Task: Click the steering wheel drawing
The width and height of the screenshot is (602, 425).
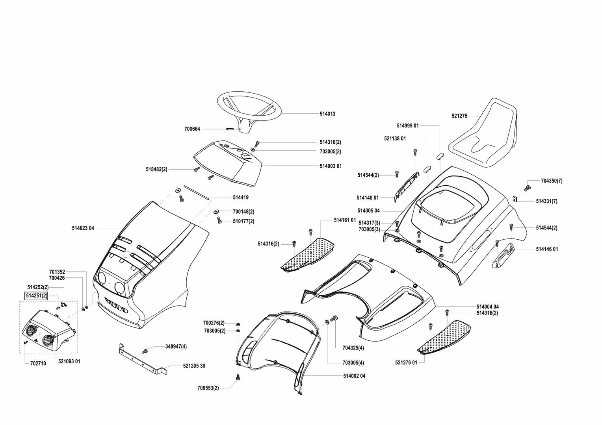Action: click(249, 107)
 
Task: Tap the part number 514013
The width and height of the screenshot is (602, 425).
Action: click(327, 114)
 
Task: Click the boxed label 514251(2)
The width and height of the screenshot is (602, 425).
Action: click(36, 296)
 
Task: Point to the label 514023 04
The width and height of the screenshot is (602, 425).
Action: click(83, 228)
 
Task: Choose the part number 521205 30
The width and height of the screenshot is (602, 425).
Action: click(194, 366)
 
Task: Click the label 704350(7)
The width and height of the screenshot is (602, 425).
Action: click(552, 181)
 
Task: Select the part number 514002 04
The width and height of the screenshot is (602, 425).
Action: click(354, 376)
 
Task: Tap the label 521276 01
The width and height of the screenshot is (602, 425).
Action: click(406, 363)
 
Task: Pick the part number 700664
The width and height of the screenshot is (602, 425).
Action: click(192, 129)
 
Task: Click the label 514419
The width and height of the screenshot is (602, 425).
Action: click(240, 198)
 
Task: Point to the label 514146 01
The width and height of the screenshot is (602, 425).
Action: click(547, 249)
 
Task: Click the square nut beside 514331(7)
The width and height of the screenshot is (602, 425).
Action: click(515, 199)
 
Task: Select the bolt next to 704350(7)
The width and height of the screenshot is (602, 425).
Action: click(528, 188)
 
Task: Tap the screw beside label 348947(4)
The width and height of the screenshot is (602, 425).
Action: click(145, 350)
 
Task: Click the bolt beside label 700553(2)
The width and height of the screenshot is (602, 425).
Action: click(238, 378)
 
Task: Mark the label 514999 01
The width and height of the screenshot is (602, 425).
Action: click(407, 126)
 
